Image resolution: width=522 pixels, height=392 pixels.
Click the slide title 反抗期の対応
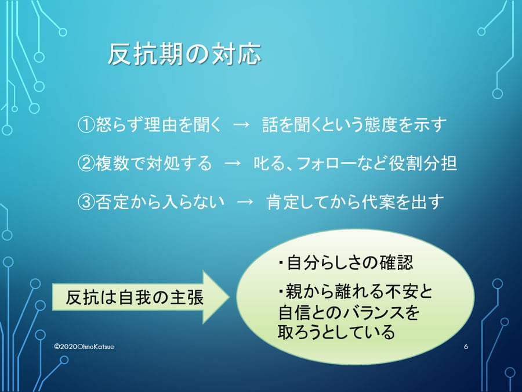click(x=184, y=54)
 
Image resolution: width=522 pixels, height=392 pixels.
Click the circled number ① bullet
click(x=86, y=125)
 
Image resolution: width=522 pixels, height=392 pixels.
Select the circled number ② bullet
click(x=86, y=164)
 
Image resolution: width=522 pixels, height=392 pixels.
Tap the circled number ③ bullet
click(x=86, y=202)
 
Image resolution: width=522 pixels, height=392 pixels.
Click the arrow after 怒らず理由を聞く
click(x=241, y=125)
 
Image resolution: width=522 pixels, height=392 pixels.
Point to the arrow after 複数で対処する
click(x=233, y=164)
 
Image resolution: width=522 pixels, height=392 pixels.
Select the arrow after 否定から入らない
click(x=245, y=202)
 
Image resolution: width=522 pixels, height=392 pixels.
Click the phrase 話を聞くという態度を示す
click(x=354, y=125)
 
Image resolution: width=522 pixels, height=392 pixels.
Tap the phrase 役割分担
click(x=422, y=164)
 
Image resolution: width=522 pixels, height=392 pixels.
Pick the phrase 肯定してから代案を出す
click(x=356, y=202)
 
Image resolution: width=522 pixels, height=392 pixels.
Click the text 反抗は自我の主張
click(x=135, y=297)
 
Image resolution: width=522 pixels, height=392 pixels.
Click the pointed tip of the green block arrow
click(x=230, y=297)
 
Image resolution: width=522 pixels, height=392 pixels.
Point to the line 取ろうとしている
click(x=336, y=332)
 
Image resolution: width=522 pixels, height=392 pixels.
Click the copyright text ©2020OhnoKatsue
click(x=84, y=347)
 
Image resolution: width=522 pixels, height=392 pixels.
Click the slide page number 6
click(x=466, y=347)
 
